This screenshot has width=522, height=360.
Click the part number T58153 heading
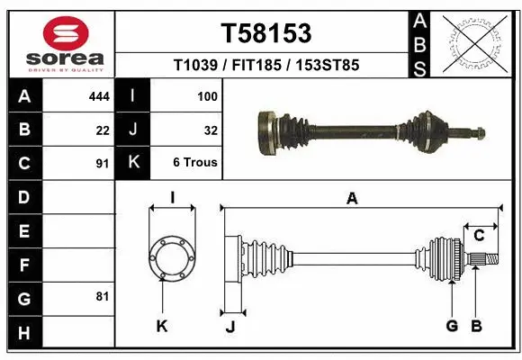[x=266, y=33]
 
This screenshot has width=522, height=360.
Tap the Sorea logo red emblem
[x=59, y=33]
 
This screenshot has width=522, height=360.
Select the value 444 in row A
[x=99, y=94]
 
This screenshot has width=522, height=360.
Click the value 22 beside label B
[x=103, y=130]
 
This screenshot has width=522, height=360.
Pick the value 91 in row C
[x=103, y=164]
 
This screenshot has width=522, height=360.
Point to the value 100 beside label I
[x=207, y=94]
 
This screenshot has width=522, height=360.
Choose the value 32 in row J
[x=211, y=130]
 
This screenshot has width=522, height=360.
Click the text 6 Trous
[x=195, y=164]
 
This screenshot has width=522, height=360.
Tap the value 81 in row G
[x=103, y=295]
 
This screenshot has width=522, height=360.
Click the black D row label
[x=23, y=196]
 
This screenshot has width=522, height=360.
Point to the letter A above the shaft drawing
[x=352, y=200]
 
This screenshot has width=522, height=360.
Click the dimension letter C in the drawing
[x=479, y=236]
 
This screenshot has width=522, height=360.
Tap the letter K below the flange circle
[x=162, y=326]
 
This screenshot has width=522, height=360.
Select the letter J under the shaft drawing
[x=229, y=327]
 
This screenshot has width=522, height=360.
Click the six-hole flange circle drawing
[x=171, y=257]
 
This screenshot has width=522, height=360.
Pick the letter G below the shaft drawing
[x=452, y=326]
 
